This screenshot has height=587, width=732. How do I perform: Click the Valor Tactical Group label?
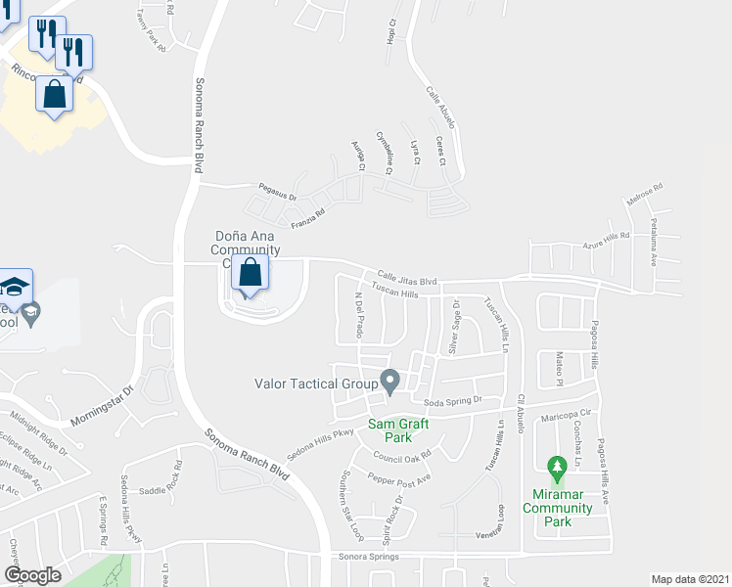pos(316,384)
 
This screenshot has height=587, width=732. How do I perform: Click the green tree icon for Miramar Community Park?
pos(557,469)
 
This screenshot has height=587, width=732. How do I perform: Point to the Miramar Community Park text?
pos(557,508)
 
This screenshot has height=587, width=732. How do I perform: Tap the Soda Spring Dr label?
pos(453,400)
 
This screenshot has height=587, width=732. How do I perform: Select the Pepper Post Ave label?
pos(398,479)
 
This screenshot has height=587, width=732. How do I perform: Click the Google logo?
pos(32,575)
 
